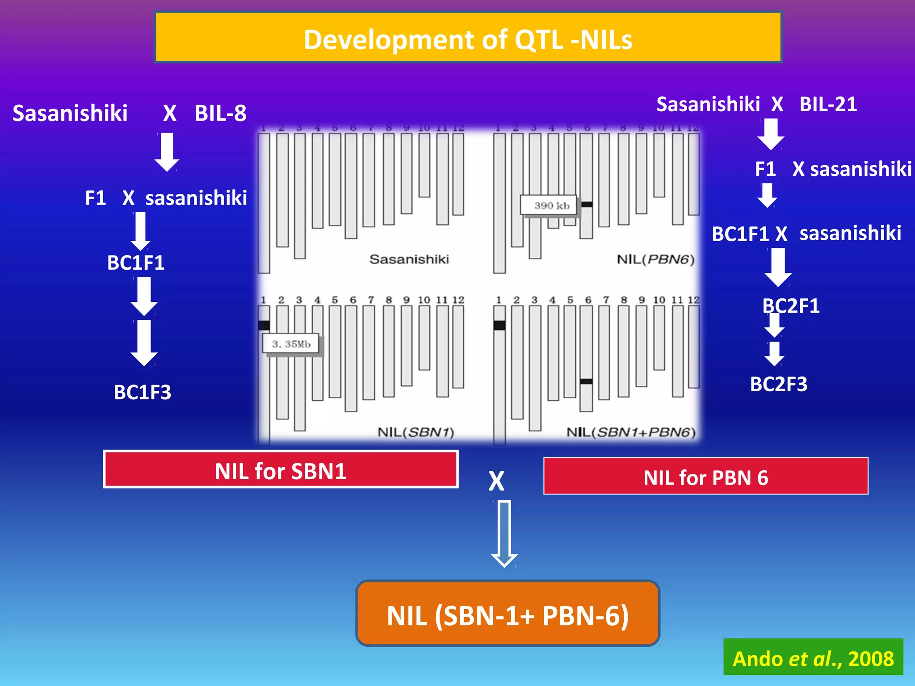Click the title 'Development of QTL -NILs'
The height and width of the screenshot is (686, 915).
468,39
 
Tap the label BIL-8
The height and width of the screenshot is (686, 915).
220,113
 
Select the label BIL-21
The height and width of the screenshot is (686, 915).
828,105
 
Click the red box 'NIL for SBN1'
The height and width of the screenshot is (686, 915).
281,470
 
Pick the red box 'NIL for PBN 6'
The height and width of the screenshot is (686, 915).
705,477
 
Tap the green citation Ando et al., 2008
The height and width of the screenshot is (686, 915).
813,658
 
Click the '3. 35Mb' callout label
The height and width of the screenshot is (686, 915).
291,344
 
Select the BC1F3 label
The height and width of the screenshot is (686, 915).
142,392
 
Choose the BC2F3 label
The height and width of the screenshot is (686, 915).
778,384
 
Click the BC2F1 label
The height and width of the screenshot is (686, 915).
791,306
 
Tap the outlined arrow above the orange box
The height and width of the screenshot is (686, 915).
504,533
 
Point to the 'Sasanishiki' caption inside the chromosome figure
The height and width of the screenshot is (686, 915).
409,259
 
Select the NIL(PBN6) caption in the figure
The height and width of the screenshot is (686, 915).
655,259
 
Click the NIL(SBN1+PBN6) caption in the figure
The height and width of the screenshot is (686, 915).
631,432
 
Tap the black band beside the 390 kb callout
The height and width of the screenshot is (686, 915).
587,205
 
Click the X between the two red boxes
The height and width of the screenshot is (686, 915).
496,481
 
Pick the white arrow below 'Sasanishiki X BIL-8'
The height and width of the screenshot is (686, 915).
167,152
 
